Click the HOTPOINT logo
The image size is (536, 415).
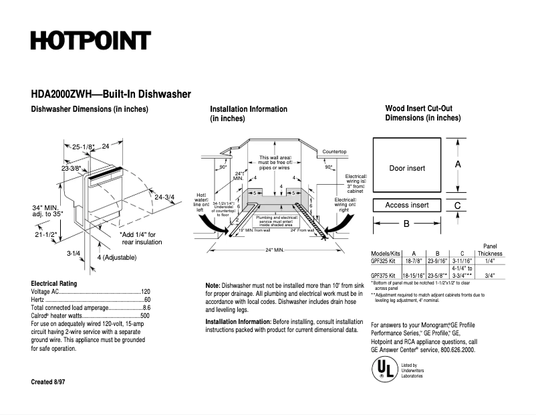tap(90, 40)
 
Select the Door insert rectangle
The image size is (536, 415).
tap(407, 168)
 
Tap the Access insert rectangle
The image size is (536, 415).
tap(407, 205)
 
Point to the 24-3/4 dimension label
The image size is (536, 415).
tap(164, 197)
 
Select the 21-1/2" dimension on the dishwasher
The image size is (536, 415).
tap(46, 236)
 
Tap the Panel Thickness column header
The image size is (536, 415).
tap(490, 250)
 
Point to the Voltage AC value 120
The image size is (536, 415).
tap(145, 293)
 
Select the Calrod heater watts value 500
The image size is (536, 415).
tap(145, 315)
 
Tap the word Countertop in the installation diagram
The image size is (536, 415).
tap(334, 152)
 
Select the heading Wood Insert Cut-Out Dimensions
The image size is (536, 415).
tap(422, 113)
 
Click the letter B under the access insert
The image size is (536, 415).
tap(406, 224)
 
